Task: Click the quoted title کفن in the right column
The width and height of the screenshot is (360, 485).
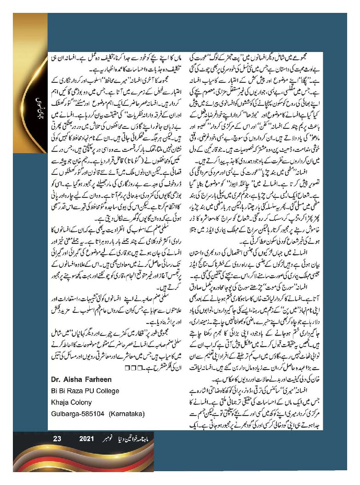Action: [281, 112]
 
